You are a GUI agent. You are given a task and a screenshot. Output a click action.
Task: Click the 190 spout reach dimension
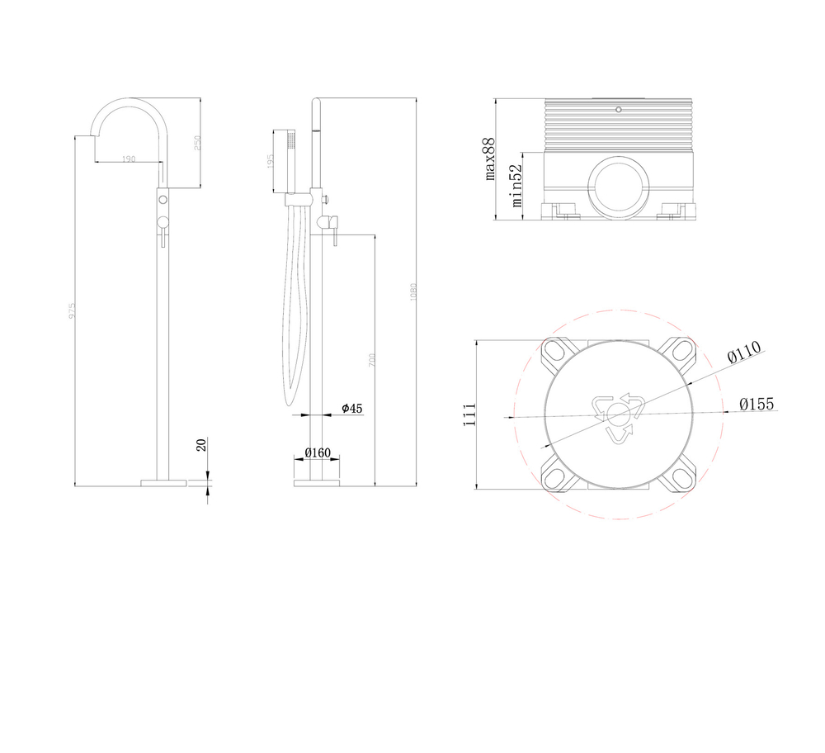tap(129, 159)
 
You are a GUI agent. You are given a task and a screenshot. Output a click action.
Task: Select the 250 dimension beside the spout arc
tap(198, 143)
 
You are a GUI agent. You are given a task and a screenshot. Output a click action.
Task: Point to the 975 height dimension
tap(73, 310)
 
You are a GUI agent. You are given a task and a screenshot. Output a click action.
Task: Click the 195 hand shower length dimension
tap(270, 162)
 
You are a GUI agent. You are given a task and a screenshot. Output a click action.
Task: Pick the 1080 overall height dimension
tap(413, 291)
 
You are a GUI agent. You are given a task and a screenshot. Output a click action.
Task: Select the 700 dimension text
tap(373, 361)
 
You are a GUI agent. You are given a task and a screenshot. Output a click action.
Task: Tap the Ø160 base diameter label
tap(318, 452)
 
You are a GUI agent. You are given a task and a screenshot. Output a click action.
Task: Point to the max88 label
tap(489, 159)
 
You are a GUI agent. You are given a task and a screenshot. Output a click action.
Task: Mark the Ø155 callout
tap(756, 404)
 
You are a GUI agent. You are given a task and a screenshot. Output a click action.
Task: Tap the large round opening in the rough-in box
tap(619, 187)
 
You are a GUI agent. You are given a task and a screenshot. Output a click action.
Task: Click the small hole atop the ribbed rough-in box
tap(618, 109)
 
